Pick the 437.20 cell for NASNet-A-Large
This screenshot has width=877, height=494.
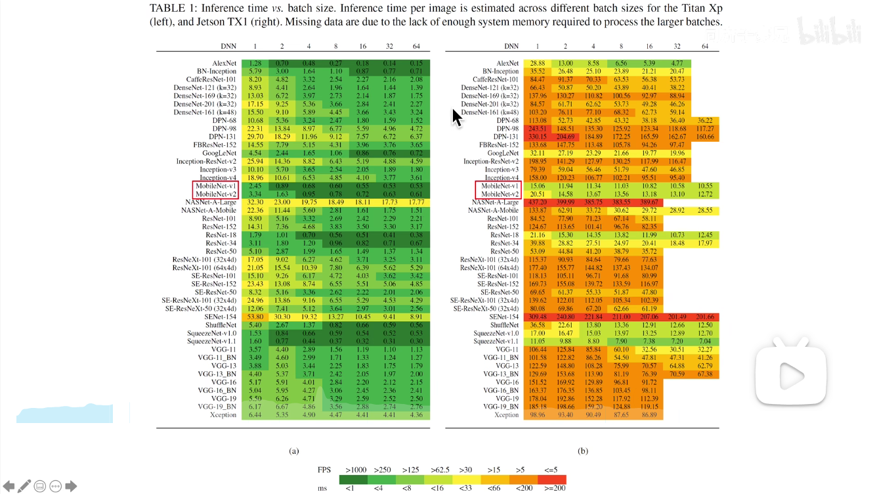click(537, 202)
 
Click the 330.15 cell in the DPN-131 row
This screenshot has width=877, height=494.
click(537, 137)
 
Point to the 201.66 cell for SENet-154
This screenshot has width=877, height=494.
click(704, 317)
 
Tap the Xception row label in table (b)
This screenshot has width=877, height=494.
click(506, 415)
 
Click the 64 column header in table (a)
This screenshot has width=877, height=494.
click(416, 47)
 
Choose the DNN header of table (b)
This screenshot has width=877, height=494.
click(511, 47)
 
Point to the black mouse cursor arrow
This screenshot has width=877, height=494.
click(458, 118)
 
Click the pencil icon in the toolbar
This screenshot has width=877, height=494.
click(24, 487)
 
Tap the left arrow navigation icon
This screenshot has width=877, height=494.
click(9, 487)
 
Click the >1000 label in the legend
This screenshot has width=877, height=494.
click(357, 470)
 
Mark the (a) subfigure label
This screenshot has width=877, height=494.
click(293, 451)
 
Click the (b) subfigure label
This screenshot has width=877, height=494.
click(582, 451)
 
